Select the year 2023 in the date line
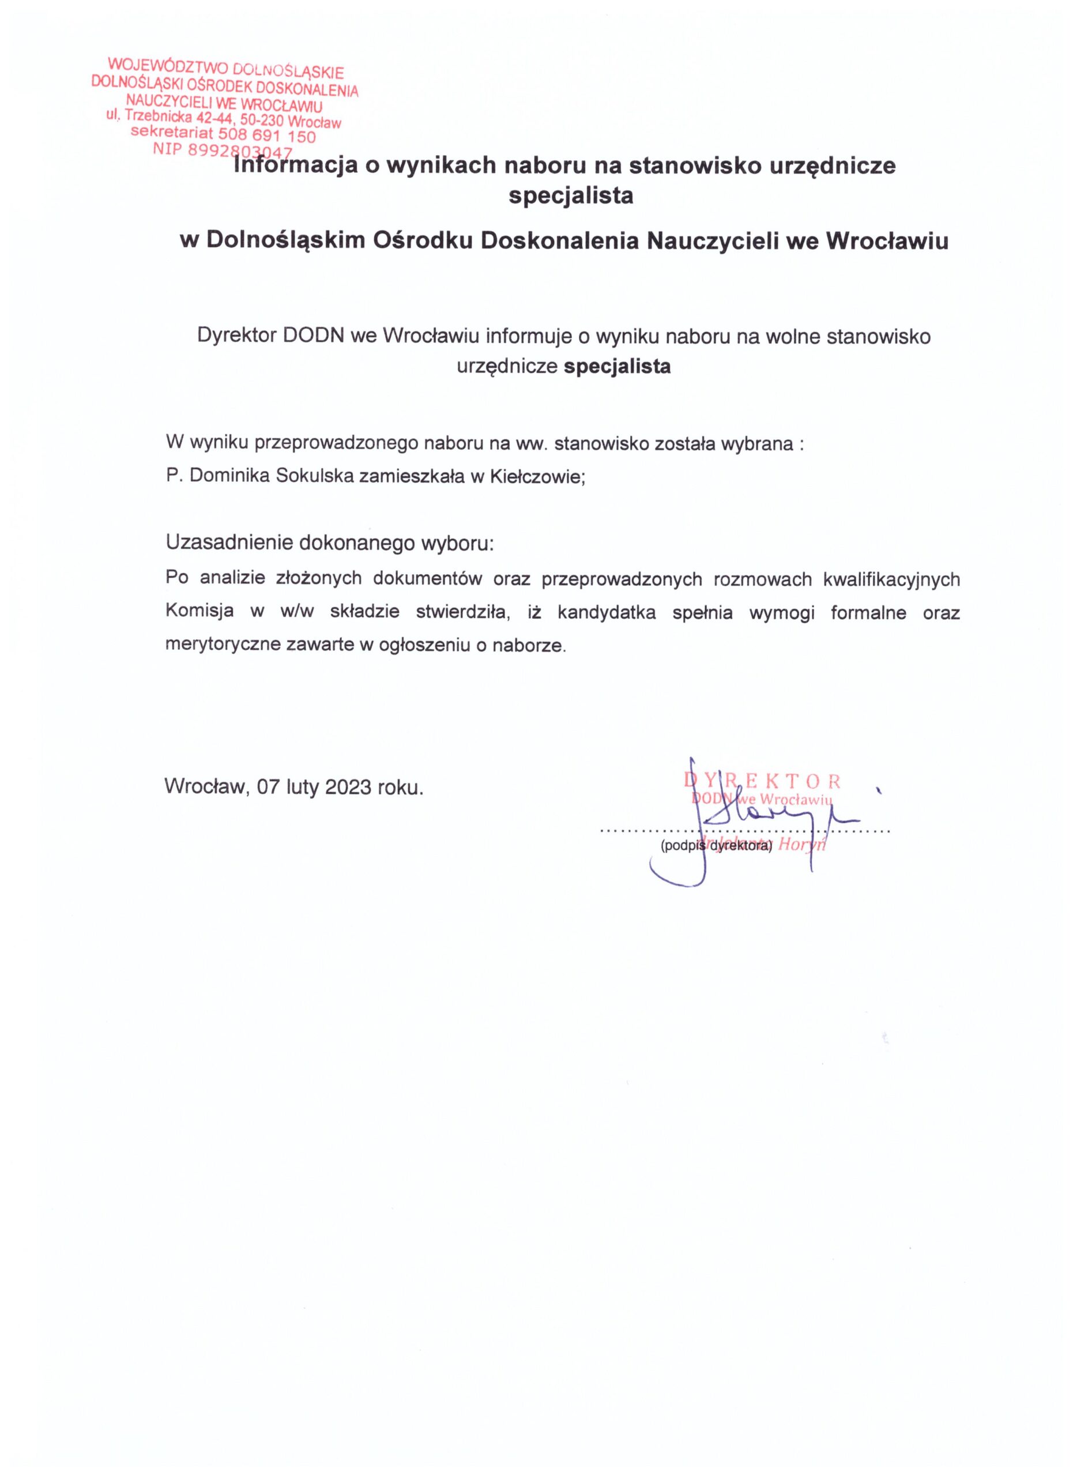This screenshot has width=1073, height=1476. click(x=348, y=787)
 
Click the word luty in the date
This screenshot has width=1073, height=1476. click(x=302, y=787)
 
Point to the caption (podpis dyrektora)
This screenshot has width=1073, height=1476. click(x=715, y=847)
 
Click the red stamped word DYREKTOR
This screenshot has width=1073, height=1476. click(x=762, y=780)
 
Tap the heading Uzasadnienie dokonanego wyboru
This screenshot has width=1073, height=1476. click(x=330, y=542)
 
